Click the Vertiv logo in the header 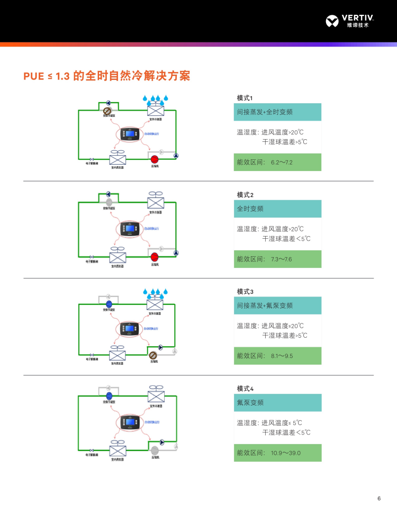pyautogui.click(x=350, y=21)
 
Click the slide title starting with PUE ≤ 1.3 pyautogui.click(x=106, y=76)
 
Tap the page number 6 pyautogui.click(x=379, y=499)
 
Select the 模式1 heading pyautogui.click(x=245, y=98)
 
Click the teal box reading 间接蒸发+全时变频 pyautogui.click(x=277, y=112)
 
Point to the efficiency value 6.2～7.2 pyautogui.click(x=282, y=162)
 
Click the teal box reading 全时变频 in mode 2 pyautogui.click(x=277, y=209)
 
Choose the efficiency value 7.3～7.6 pyautogui.click(x=282, y=259)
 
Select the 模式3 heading pyautogui.click(x=245, y=292)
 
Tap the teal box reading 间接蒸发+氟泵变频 pyautogui.click(x=277, y=306)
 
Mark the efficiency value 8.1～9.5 pyautogui.click(x=282, y=356)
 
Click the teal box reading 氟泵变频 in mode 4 pyautogui.click(x=277, y=403)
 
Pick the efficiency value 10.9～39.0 pyautogui.click(x=286, y=453)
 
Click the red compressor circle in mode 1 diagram pyautogui.click(x=155, y=159)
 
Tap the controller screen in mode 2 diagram pyautogui.click(x=130, y=229)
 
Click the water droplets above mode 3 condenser pyautogui.click(x=156, y=292)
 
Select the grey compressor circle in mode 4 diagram pyautogui.click(x=155, y=450)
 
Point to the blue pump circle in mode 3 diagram pyautogui.click(x=109, y=304)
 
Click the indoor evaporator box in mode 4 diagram pyautogui.click(x=117, y=451)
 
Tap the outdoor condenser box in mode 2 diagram pyautogui.click(x=156, y=204)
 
